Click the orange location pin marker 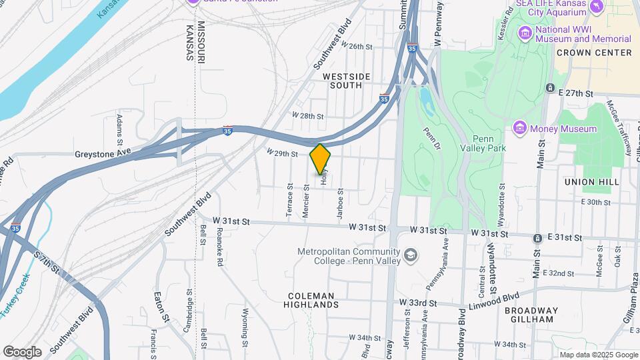(321, 159)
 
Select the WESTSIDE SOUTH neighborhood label (346, 81)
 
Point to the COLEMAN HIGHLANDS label (314, 299)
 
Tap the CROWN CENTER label (593, 53)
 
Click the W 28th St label (307, 116)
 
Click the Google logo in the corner (22, 351)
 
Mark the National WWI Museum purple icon (526, 32)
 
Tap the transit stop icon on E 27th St (550, 88)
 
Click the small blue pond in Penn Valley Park (425, 98)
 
